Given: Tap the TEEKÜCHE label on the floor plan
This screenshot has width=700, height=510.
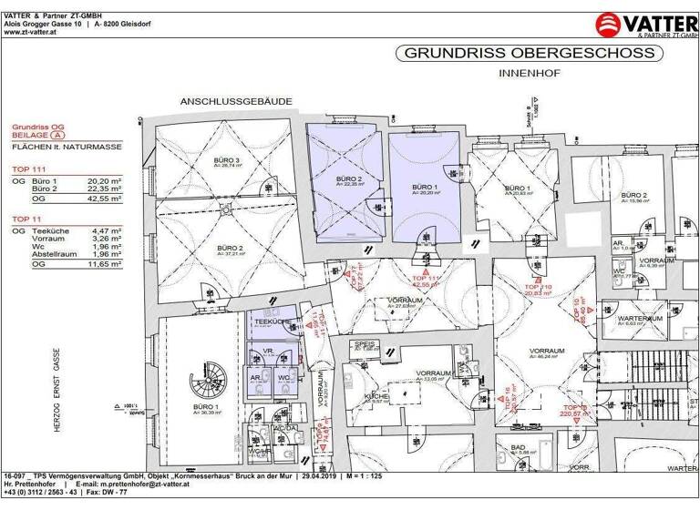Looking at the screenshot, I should [271, 322].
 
